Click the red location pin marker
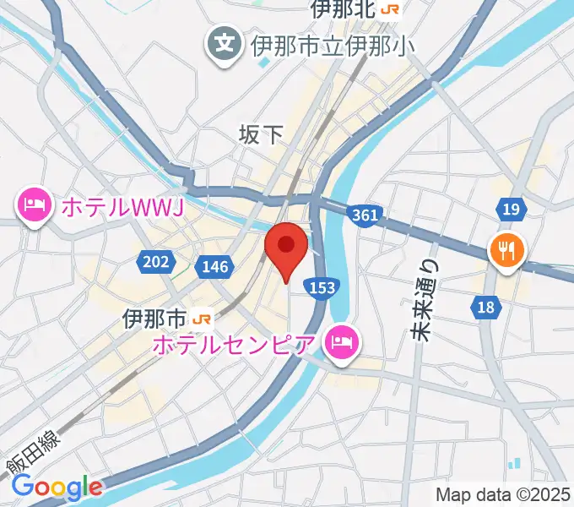tap(286, 248)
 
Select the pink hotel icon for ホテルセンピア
tap(343, 342)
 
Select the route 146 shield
tap(215, 267)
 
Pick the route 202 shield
tap(156, 262)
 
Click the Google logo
tap(57, 487)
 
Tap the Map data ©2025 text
tap(501, 494)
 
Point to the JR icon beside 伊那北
tap(390, 9)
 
